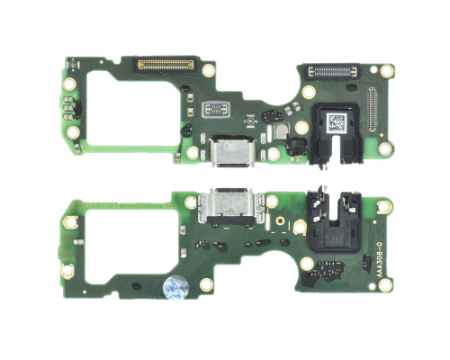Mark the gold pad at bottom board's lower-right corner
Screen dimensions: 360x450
click(384, 285)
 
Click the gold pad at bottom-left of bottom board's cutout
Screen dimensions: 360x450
click(67, 269)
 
